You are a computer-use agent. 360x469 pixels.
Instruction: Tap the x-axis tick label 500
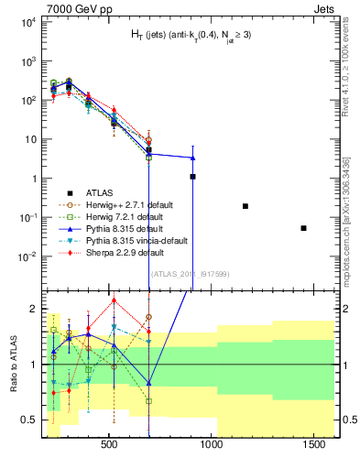[108, 444]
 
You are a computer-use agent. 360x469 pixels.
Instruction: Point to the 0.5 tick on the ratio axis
[29, 420]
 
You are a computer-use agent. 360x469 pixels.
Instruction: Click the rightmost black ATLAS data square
[303, 227]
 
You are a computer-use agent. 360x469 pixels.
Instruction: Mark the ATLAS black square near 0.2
[245, 206]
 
